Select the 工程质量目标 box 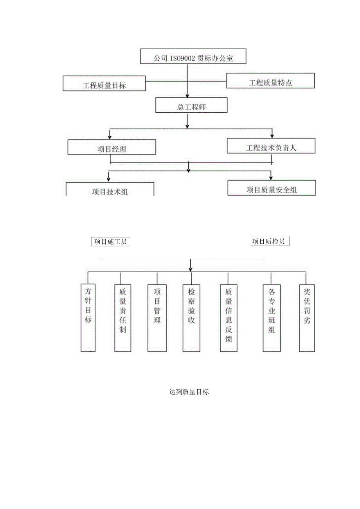104,84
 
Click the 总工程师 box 191,106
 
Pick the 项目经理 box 112,148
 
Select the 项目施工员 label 110,241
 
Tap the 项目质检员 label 270,241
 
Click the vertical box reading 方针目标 88,317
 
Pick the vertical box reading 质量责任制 123,317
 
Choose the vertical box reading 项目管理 157,317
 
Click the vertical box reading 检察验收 191,317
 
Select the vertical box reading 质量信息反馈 229,317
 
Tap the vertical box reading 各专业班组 272,317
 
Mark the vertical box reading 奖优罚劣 307,317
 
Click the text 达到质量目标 189,392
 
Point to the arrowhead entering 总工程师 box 187,95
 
